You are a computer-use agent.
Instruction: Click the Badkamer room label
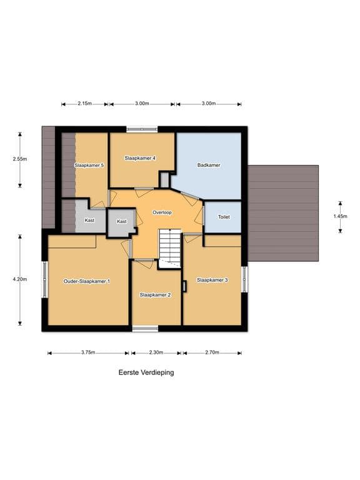209,165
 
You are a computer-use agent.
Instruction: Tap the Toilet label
224,217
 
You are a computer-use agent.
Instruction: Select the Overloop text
162,212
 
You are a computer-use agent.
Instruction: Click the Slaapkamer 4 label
140,158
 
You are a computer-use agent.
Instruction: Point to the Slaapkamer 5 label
89,165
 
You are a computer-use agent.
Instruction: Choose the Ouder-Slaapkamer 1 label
87,281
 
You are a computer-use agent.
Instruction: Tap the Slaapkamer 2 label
155,295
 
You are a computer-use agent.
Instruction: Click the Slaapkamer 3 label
212,280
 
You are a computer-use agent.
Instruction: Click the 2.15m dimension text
84,104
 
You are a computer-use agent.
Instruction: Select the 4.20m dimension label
20,279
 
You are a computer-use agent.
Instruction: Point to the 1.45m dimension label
340,216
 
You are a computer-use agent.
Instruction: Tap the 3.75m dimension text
88,352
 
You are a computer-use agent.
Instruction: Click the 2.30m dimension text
156,352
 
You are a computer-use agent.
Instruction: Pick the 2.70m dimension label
212,352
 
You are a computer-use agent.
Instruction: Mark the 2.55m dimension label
20,159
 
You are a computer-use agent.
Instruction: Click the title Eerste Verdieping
146,372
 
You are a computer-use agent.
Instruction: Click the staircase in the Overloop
169,249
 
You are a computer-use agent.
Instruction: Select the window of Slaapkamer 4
142,129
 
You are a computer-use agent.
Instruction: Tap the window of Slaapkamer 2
145,329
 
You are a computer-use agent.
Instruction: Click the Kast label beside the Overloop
121,221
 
